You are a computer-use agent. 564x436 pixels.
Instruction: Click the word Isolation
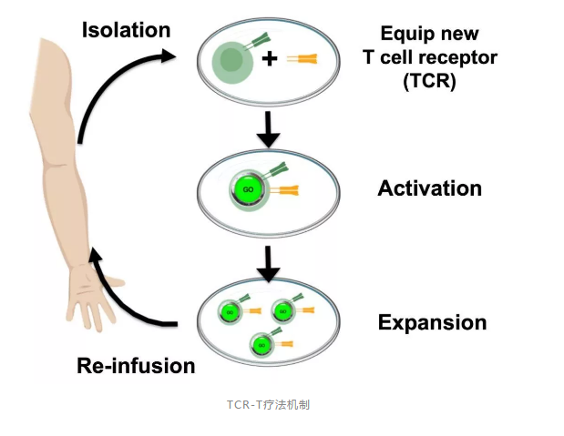tap(126, 30)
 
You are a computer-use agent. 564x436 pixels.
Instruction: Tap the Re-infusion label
tap(136, 366)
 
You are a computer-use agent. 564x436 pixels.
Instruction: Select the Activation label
tap(429, 188)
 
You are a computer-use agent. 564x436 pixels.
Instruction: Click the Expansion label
tap(432, 322)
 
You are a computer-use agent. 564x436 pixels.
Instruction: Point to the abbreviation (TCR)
tap(430, 79)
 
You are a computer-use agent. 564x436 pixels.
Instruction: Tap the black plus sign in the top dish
tap(269, 60)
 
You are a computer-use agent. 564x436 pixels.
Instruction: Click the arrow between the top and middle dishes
tap(268, 129)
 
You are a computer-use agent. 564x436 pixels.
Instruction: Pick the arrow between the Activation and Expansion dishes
tap(268, 264)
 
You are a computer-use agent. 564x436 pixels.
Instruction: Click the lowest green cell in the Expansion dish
tap(262, 345)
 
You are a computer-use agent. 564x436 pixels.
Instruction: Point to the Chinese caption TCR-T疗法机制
tap(268, 404)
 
